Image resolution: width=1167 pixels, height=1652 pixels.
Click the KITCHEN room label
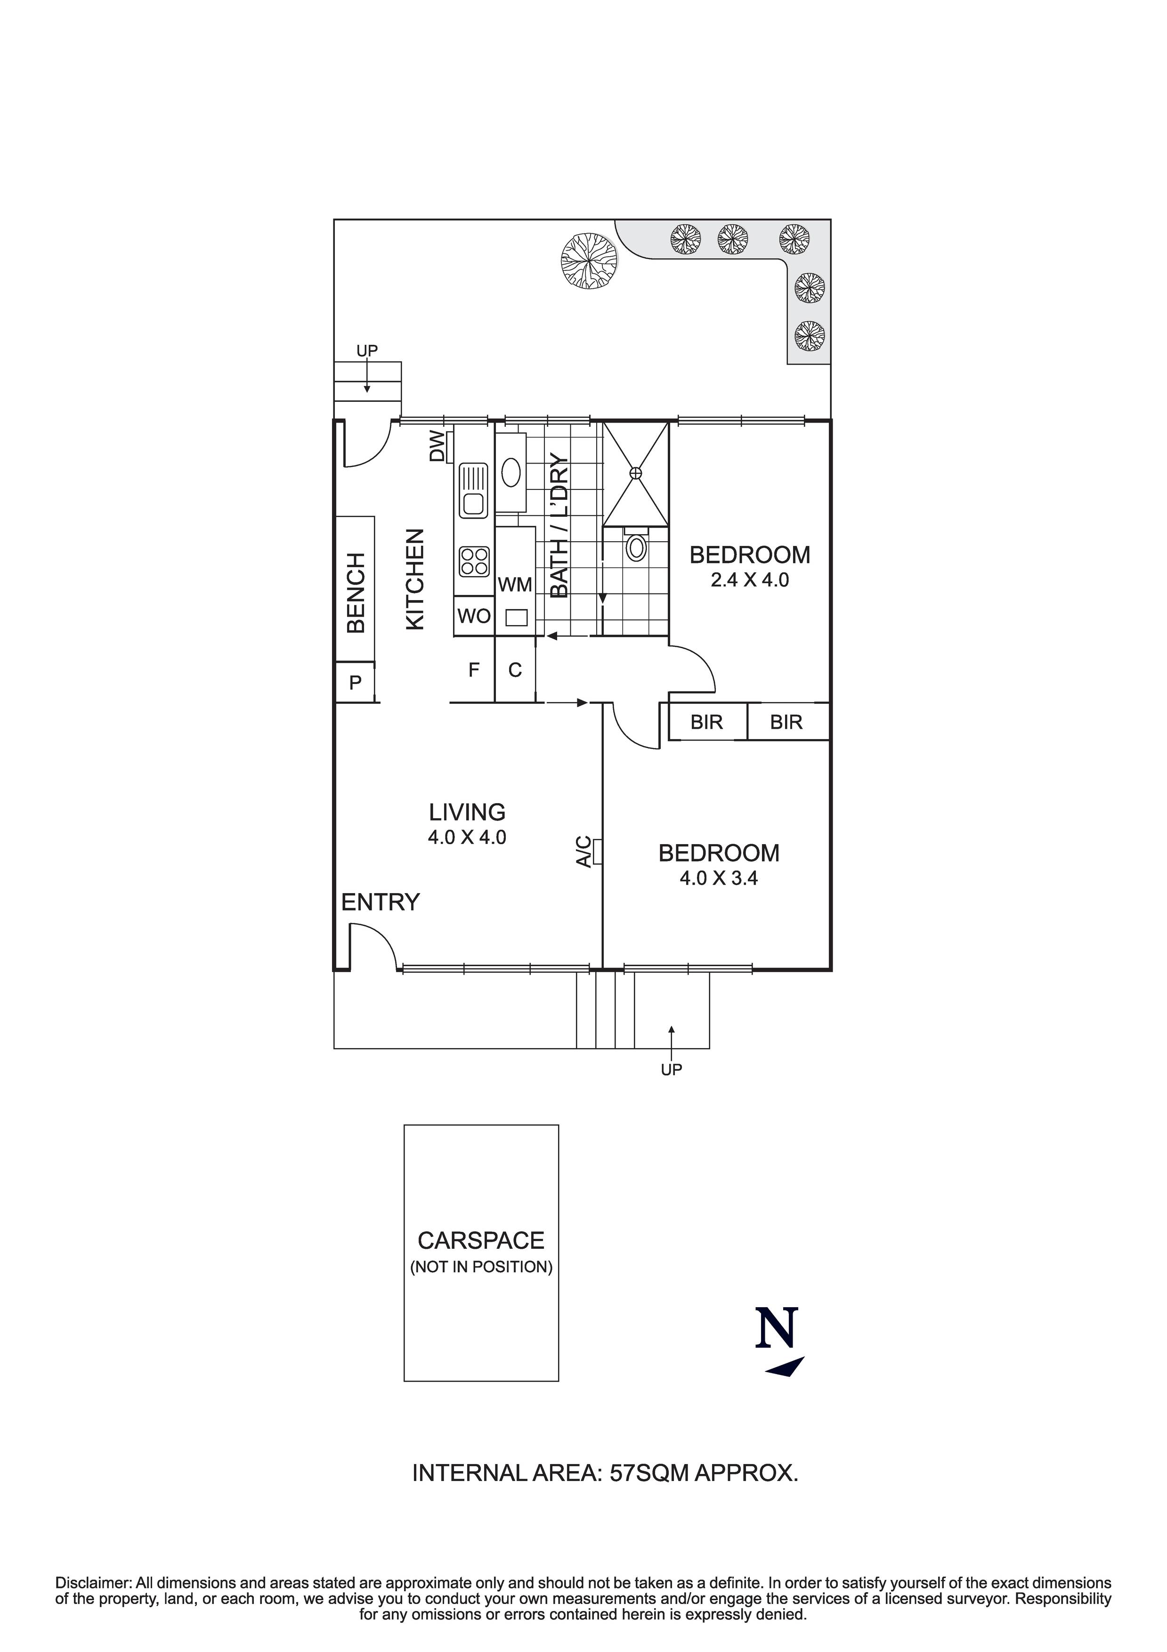(416, 579)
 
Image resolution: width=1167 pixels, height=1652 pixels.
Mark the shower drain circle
(635, 473)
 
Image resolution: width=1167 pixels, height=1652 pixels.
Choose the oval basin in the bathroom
(511, 473)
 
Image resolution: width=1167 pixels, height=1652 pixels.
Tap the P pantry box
(356, 682)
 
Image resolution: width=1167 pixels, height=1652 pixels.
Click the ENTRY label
(380, 902)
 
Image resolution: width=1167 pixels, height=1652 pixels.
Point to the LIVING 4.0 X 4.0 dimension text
(467, 838)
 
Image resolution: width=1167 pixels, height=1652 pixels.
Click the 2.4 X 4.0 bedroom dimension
(750, 580)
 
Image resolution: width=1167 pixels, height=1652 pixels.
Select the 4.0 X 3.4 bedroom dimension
(719, 879)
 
